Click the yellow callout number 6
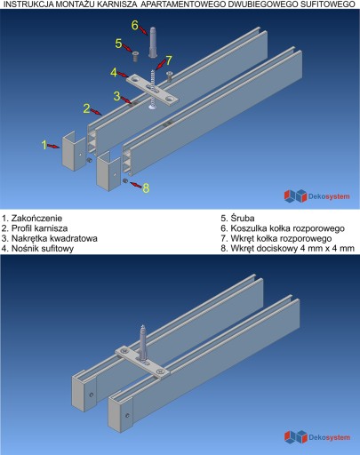tap(135, 26)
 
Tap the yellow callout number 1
tap(44, 145)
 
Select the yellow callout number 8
tap(146, 188)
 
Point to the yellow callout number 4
tap(114, 73)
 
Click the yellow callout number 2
tap(86, 108)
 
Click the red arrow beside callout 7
tap(160, 65)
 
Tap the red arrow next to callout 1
tap(53, 146)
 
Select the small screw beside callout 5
tap(135, 56)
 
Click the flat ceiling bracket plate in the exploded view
tap(153, 89)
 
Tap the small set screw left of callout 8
tap(125, 180)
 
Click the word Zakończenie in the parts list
tap(36, 219)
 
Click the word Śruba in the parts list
tap(243, 219)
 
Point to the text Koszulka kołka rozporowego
tap(287, 228)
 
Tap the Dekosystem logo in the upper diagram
tap(316, 196)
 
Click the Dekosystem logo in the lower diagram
tap(317, 437)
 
